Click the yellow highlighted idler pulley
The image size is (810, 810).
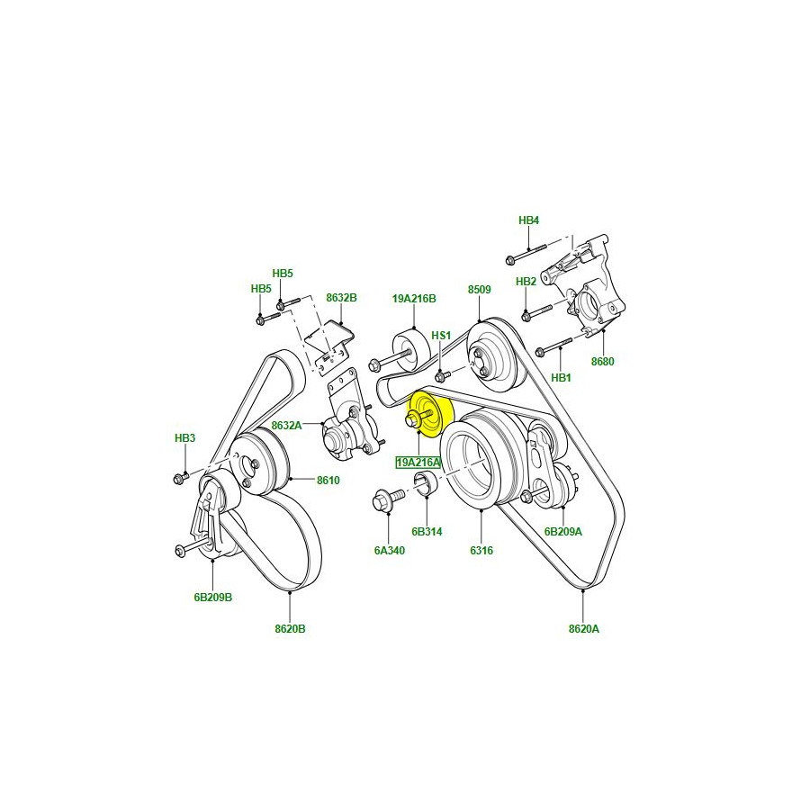coord(431,415)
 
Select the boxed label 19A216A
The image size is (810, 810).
coord(418,463)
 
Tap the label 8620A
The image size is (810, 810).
coord(583,629)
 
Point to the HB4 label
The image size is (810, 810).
coord(528,220)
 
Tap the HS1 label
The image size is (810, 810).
coord(440,336)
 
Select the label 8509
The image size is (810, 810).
coord(479,290)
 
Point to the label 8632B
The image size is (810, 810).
coord(341,297)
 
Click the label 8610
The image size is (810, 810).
coord(328,481)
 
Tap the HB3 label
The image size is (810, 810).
coord(184,438)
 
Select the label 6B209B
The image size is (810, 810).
coord(212,597)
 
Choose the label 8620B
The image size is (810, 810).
coord(291,629)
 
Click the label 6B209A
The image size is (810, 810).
coord(562,531)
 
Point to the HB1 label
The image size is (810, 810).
coord(561,378)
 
